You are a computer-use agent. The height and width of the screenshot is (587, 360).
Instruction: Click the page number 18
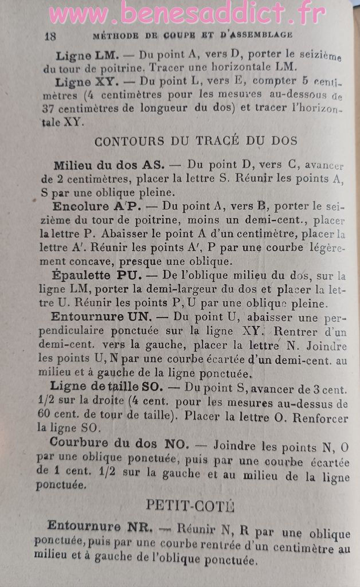(x=50, y=35)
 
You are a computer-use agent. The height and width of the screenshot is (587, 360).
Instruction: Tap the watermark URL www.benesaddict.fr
(x=187, y=13)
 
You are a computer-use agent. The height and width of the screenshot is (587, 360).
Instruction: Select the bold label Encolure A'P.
(x=96, y=206)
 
